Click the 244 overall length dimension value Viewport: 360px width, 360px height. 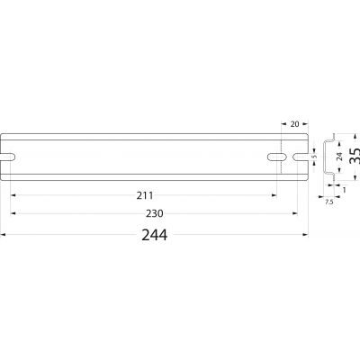click(155, 235)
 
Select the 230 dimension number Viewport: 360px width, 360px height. click(155, 213)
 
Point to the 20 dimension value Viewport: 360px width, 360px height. click(295, 123)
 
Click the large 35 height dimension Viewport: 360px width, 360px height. click(355, 156)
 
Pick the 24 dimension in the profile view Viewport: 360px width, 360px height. click(339, 157)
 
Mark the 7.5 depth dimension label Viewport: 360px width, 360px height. click(329, 202)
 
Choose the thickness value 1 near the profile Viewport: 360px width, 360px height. click(344, 190)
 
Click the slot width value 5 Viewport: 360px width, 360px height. click(315, 157)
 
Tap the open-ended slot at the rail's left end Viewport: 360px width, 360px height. click(8, 157)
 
